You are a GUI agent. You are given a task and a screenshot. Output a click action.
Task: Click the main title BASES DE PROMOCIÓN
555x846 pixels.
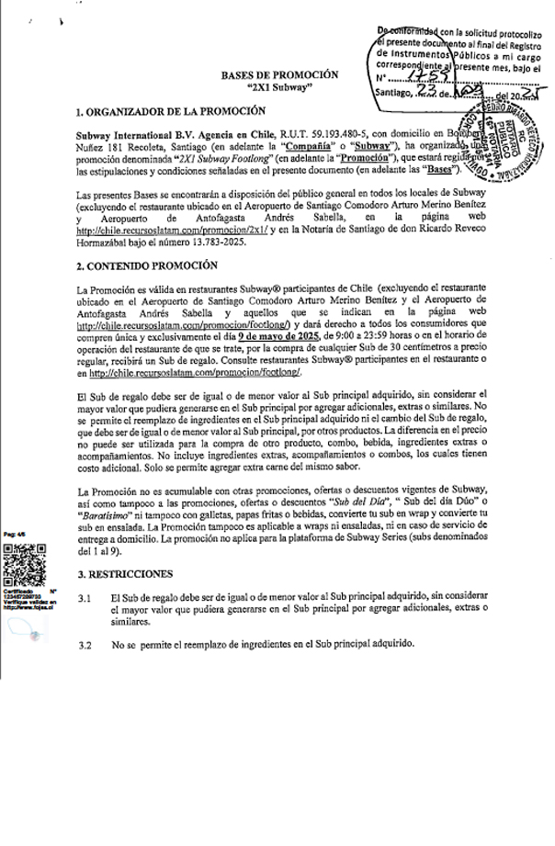279,75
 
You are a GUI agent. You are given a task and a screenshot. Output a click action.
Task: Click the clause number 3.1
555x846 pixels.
85,599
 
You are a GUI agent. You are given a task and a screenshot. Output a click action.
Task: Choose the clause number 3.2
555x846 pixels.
85,644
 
